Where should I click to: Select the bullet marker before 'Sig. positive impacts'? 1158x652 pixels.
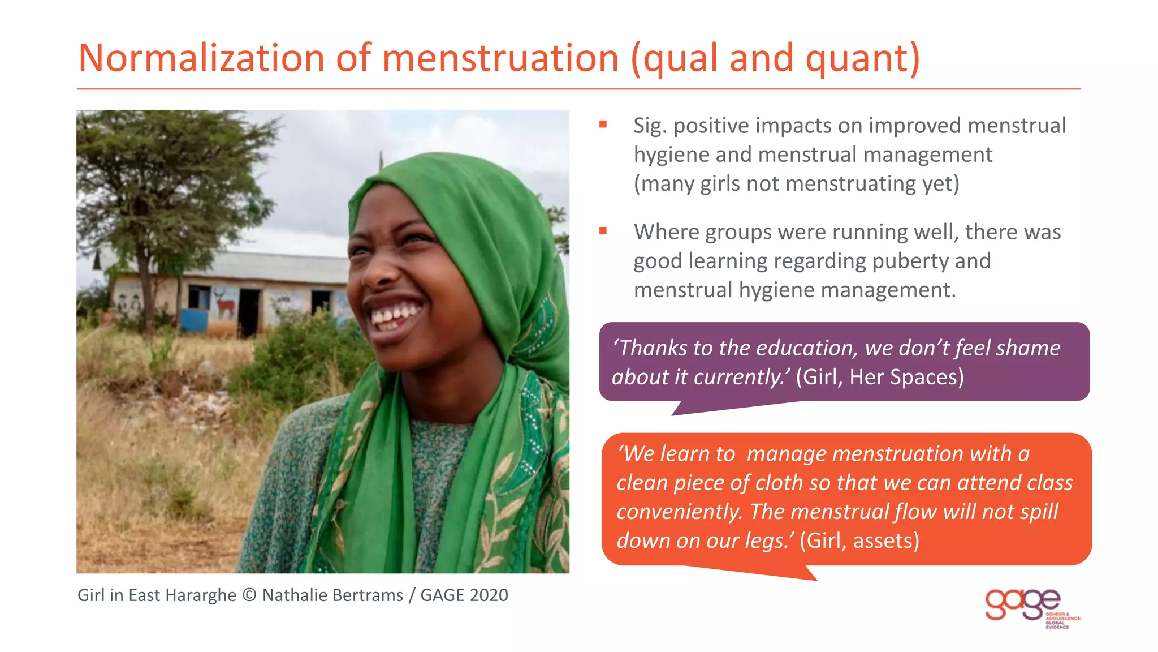tap(603, 125)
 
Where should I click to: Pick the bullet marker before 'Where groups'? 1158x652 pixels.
tap(603, 230)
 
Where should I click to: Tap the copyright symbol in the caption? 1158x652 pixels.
tap(249, 595)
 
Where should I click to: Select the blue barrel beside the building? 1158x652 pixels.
tap(193, 319)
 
